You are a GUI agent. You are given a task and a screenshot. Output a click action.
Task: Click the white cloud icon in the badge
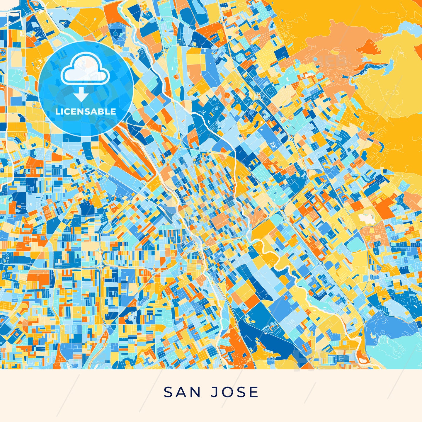[85, 69]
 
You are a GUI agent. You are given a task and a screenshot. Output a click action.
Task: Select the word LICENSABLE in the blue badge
[86, 112]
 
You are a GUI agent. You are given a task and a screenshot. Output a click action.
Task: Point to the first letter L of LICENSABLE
[57, 112]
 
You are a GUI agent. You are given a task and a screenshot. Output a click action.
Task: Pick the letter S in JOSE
[241, 392]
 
